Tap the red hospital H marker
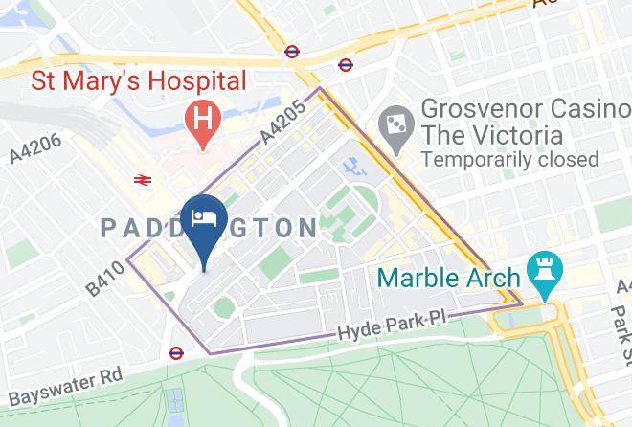coord(202,123)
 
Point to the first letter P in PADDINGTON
coord(108,228)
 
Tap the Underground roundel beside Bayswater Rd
coord(175,352)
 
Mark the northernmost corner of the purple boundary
coord(320,89)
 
